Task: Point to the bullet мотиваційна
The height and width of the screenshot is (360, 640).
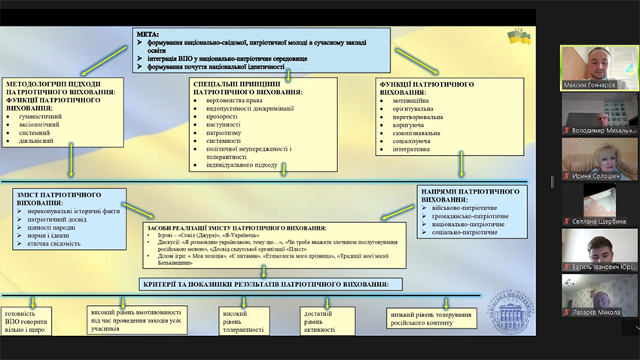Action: pyautogui.click(x=410, y=100)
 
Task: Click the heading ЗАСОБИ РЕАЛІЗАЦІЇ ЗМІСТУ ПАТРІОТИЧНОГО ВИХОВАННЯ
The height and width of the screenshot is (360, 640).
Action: pyautogui.click(x=237, y=227)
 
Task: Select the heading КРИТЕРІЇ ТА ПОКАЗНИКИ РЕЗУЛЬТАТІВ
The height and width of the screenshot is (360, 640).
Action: pyautogui.click(x=266, y=284)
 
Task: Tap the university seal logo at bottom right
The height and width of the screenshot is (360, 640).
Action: pyautogui.click(x=506, y=310)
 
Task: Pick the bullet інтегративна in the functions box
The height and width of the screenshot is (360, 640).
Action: pyautogui.click(x=410, y=149)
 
